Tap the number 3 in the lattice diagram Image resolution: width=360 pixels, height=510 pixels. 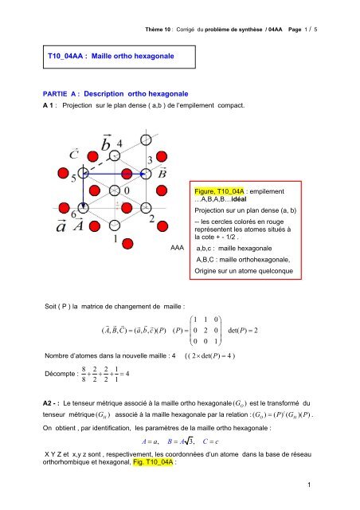148,160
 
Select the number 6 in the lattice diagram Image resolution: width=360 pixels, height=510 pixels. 74,214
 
